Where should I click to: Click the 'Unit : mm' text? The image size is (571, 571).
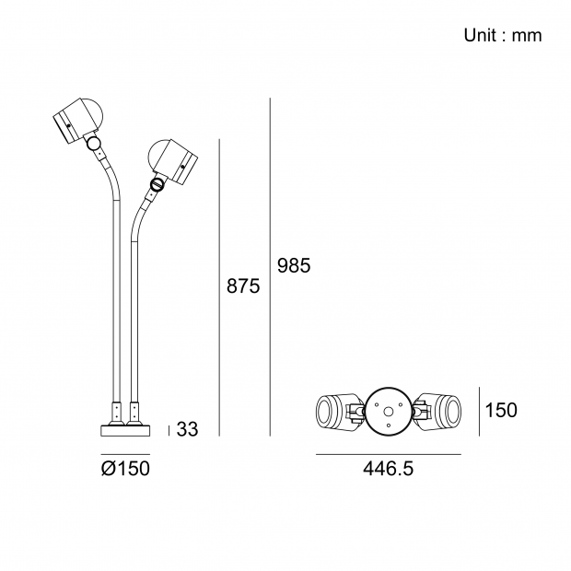(503, 35)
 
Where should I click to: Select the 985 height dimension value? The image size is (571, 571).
(294, 265)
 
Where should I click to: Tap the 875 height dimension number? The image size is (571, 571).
(243, 285)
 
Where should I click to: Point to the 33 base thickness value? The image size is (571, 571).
(188, 429)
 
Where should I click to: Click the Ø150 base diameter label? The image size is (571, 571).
(125, 468)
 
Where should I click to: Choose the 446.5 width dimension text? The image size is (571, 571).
(389, 468)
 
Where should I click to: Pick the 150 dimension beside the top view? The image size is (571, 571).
(501, 410)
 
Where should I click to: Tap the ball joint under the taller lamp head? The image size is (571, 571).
(94, 143)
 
